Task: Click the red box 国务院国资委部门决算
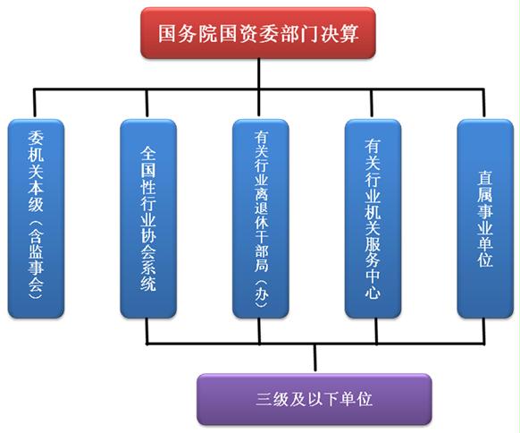258,33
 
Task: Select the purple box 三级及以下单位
315,399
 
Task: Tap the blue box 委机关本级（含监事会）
36,218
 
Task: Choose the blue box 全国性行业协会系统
148,218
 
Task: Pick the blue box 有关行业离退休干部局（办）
261,218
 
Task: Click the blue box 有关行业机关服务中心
373,218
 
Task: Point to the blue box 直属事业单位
485,218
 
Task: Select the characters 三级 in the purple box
272,399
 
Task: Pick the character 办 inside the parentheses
261,293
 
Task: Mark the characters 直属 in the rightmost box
485,187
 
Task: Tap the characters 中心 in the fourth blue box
373,283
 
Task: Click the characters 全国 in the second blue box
148,162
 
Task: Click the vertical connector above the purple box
315,357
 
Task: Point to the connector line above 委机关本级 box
35,103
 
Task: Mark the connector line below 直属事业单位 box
483,331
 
